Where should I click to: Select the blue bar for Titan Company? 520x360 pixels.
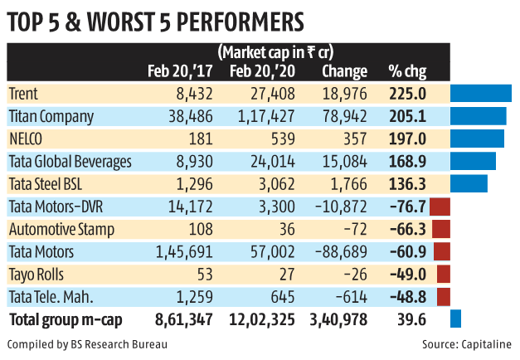(x=478, y=116)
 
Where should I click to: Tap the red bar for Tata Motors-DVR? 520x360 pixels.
(x=440, y=207)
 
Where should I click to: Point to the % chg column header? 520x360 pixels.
(x=406, y=71)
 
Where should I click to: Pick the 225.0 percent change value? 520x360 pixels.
(x=407, y=94)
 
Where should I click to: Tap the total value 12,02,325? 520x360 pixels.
(x=265, y=319)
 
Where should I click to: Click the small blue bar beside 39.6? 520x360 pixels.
(x=455, y=319)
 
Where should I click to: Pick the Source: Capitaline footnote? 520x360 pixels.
(x=469, y=343)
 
